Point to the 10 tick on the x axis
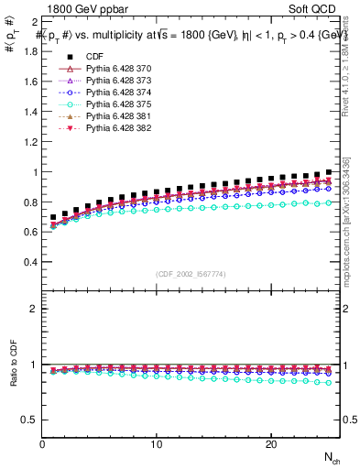157,444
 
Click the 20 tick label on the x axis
270,444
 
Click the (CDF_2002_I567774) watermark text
191,274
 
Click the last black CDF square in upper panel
328,172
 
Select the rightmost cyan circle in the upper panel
328,202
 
